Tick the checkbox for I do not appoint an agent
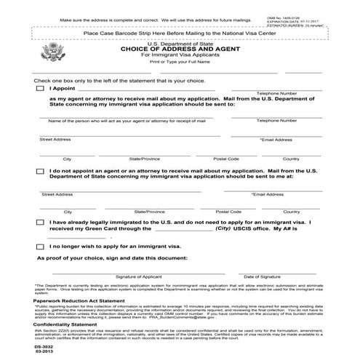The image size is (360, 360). pos(39,172)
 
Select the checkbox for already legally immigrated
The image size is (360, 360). pos(39,222)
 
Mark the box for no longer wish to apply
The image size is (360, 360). pos(39,247)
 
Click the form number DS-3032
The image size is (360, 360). pos(44,348)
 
